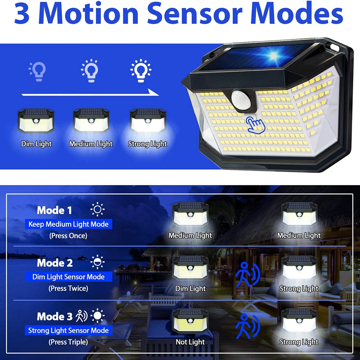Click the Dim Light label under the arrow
click(36, 144)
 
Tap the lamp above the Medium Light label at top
click(91, 121)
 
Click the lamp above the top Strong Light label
click(148, 121)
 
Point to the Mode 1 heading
click(54, 210)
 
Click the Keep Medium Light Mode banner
click(68, 224)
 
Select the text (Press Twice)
click(68, 288)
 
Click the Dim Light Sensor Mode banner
click(68, 277)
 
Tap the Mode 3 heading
click(54, 317)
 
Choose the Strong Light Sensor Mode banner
click(68, 330)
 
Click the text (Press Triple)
click(68, 342)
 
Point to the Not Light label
click(190, 342)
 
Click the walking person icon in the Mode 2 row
click(245, 275)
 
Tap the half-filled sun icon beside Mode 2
click(97, 262)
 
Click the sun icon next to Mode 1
click(97, 210)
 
